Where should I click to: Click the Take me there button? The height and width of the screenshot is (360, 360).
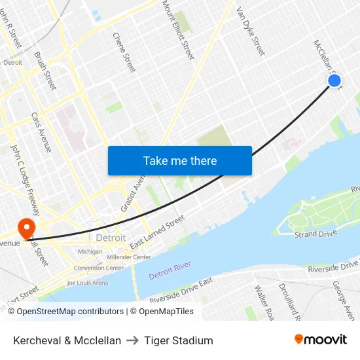[180, 160]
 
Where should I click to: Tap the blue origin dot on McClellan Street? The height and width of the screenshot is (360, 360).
[334, 81]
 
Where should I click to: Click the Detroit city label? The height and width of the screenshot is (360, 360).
[111, 238]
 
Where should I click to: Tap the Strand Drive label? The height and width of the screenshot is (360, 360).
[315, 234]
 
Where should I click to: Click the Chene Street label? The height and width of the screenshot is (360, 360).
[124, 52]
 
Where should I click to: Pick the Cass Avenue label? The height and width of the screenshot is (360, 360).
[41, 132]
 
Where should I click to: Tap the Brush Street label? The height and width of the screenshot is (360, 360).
[45, 71]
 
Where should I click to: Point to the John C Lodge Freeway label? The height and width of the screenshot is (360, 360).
[26, 180]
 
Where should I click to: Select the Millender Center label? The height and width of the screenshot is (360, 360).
[128, 257]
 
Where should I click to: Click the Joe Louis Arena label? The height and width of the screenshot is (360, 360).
[87, 283]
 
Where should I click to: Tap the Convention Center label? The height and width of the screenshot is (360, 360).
[98, 268]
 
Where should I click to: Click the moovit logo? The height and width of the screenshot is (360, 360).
[320, 340]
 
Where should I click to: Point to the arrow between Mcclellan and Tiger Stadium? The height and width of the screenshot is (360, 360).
[133, 340]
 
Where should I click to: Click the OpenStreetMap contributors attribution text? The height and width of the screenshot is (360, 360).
[70, 312]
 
